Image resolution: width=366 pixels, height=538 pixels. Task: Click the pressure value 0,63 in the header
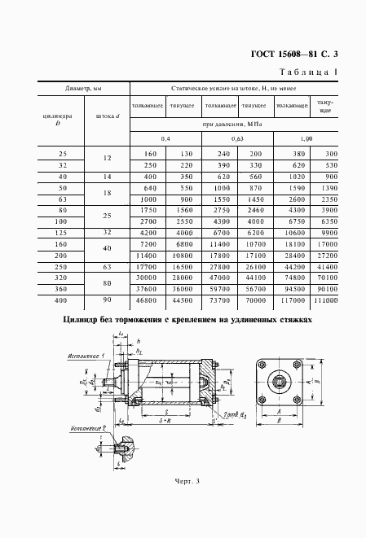coord(237,139)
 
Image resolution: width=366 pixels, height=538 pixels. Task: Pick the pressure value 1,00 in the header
coord(307,139)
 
